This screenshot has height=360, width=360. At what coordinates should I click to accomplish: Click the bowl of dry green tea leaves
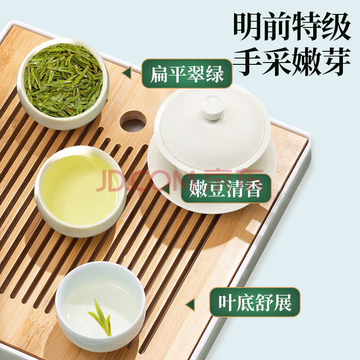(63, 84)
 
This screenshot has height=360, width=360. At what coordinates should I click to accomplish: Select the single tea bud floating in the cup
(100, 317)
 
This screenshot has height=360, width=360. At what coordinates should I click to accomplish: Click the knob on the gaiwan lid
(213, 107)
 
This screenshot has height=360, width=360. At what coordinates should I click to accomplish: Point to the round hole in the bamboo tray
(133, 121)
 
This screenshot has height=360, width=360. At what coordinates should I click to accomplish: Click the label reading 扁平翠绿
(187, 73)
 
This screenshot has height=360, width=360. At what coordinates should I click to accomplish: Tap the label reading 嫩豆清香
(226, 189)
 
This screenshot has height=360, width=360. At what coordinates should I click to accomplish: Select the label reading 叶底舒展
(255, 302)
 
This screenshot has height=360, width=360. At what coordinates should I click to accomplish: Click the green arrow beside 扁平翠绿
(127, 73)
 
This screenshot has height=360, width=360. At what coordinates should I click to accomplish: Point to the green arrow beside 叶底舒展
(190, 305)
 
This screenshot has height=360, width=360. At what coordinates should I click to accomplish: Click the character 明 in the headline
(248, 27)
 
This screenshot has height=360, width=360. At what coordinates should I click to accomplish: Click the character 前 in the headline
(278, 27)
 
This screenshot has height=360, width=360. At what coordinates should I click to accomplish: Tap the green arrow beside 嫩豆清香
(166, 189)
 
